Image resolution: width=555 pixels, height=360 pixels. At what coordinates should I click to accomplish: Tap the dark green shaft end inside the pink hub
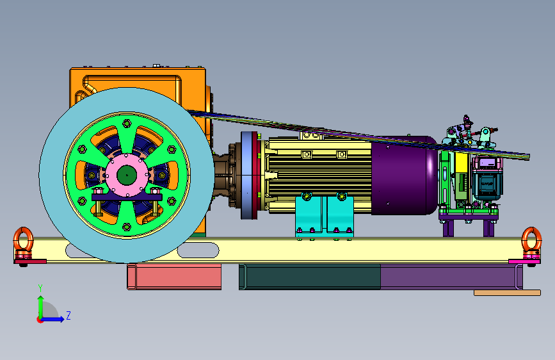127,175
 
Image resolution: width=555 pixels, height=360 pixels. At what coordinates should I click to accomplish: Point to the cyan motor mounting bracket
324,215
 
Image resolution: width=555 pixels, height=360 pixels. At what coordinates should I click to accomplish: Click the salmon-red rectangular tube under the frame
174,277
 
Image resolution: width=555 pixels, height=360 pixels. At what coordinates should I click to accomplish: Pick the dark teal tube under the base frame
310,277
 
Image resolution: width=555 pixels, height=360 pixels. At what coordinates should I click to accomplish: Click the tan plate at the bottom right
507,293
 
